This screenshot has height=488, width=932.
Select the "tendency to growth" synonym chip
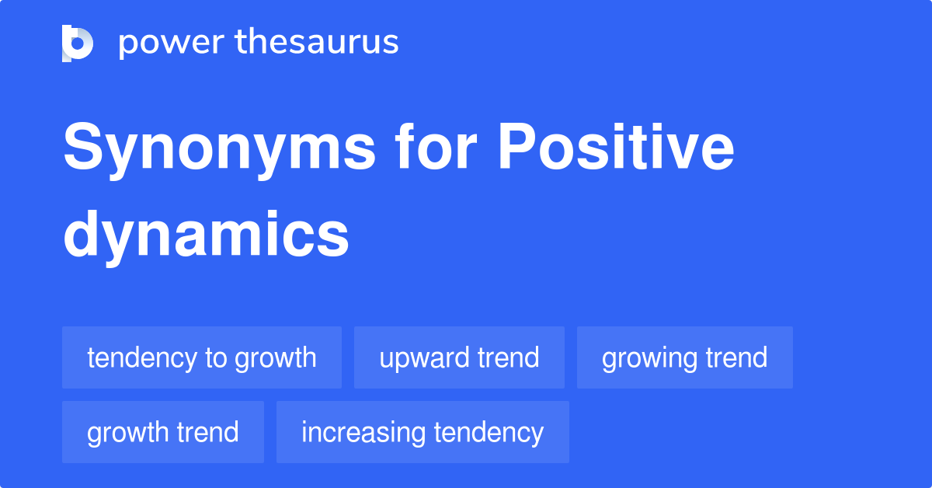click(x=202, y=357)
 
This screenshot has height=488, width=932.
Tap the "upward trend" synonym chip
click(x=459, y=357)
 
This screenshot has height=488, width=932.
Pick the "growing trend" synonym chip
click(x=684, y=357)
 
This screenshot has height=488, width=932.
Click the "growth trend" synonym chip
click(x=163, y=432)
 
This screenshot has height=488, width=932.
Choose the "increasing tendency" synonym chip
click(x=423, y=432)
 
